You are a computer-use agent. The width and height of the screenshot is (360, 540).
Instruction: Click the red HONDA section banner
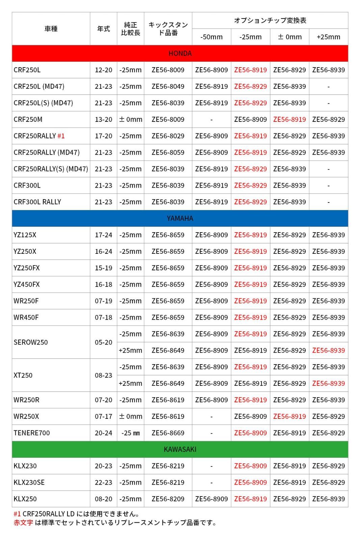pyautogui.click(x=180, y=53)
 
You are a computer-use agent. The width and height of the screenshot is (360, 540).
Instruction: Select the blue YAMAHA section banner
pyautogui.click(x=180, y=218)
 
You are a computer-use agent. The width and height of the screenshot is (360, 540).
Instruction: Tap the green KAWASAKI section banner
pyautogui.click(x=180, y=449)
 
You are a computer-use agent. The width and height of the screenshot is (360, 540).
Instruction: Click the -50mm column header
pyautogui.click(x=211, y=37)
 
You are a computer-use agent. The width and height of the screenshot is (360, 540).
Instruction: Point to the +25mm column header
pyautogui.click(x=328, y=37)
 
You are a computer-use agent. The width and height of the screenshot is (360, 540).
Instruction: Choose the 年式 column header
pyautogui.click(x=103, y=29)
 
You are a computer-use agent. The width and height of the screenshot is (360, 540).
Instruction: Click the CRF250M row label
pyautogui.click(x=28, y=119)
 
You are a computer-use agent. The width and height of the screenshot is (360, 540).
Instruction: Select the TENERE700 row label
pyautogui.click(x=32, y=433)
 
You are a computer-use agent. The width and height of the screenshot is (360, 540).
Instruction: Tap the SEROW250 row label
pyautogui.click(x=31, y=342)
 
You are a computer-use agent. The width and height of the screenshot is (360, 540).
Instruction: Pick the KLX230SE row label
pyautogui.click(x=29, y=482)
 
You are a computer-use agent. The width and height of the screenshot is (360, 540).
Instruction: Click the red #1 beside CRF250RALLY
pyautogui.click(x=61, y=136)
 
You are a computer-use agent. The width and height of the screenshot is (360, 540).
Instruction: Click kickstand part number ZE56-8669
pyautogui.click(x=168, y=433)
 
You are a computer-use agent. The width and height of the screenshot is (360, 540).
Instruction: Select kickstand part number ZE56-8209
pyautogui.click(x=168, y=499)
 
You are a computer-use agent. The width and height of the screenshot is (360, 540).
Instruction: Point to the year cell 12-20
pyautogui.click(x=103, y=70)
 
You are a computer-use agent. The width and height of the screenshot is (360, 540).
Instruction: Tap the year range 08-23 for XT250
pyautogui.click(x=103, y=375)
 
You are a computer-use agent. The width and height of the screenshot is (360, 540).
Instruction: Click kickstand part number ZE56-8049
pyautogui.click(x=168, y=86)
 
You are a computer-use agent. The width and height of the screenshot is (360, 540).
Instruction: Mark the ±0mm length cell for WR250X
pyautogui.click(x=130, y=416)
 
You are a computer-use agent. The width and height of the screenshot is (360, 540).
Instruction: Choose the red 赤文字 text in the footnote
pyautogui.click(x=23, y=522)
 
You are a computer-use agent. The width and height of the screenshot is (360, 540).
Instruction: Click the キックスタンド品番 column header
pyautogui.click(x=168, y=29)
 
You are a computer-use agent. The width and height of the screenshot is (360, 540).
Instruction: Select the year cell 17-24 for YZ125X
pyautogui.click(x=103, y=235)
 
